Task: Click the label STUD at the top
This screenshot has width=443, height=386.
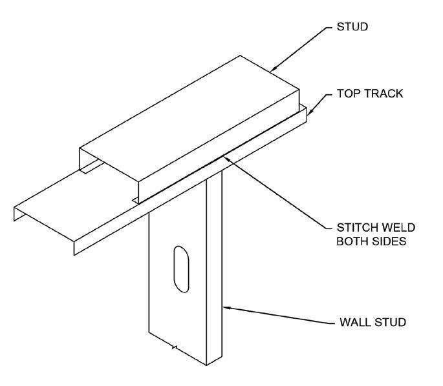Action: click(352, 26)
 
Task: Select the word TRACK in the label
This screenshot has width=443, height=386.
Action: click(382, 94)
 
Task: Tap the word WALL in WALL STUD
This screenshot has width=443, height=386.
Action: click(354, 322)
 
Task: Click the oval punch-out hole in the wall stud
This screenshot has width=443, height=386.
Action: click(181, 269)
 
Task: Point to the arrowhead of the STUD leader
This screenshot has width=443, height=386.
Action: click(274, 68)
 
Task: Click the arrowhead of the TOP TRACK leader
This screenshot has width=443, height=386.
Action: click(310, 112)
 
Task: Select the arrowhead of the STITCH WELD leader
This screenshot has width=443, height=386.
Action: click(228, 158)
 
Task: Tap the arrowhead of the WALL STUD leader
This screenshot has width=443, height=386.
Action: click(226, 308)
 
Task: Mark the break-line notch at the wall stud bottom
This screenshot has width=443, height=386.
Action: click(175, 347)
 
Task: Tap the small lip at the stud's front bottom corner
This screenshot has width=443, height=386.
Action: click(136, 201)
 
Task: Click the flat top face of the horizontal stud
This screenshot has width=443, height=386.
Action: click(189, 118)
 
